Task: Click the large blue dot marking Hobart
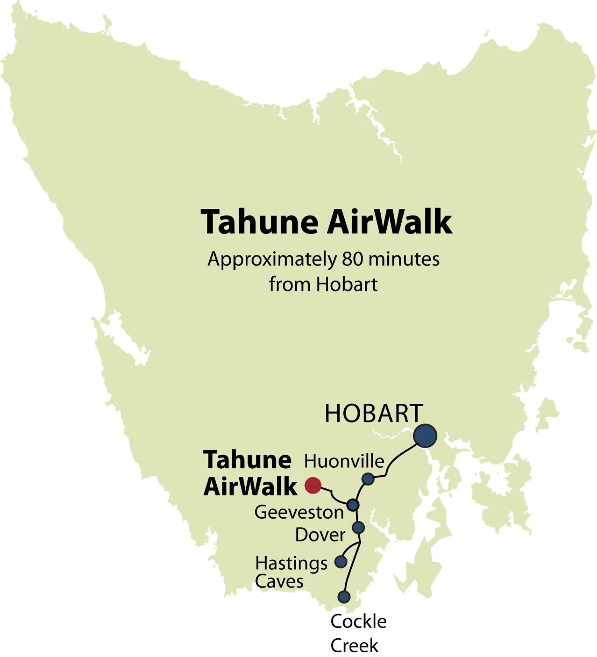tap(425, 436)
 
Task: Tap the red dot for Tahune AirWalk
tap(313, 486)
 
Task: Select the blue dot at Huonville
tap(368, 479)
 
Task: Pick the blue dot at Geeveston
tap(353, 505)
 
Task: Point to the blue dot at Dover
tap(358, 528)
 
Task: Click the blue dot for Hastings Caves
tap(341, 562)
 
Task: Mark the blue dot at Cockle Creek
tap(344, 597)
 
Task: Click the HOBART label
tap(374, 414)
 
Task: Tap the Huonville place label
tap(344, 461)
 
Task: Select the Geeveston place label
tap(299, 512)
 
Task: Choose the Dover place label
tap(320, 535)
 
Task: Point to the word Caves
tap(279, 582)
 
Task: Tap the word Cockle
tap(358, 621)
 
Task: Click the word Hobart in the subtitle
tap(347, 284)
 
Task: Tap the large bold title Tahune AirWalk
tap(327, 222)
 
